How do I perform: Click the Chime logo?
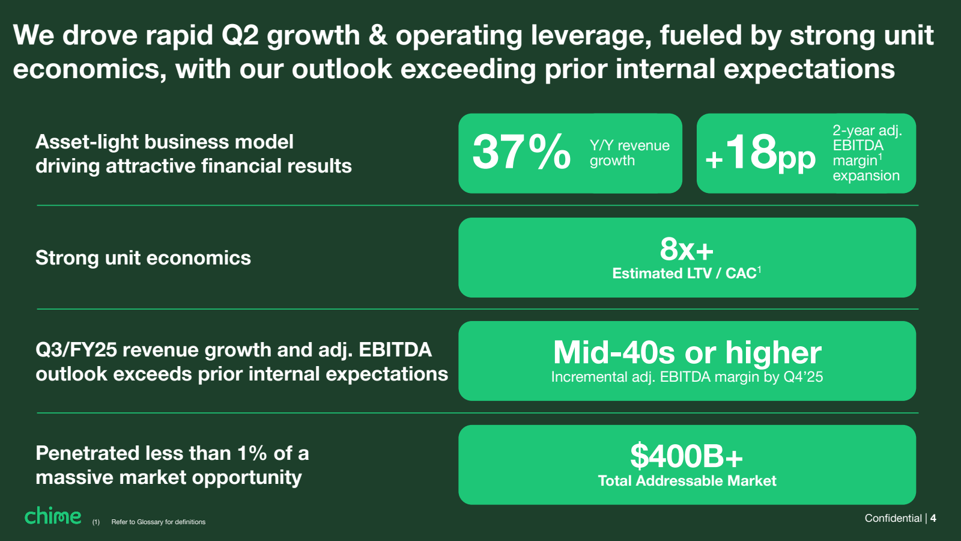[x=53, y=516]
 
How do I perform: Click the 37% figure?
[x=521, y=152]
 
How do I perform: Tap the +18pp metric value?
[x=760, y=153]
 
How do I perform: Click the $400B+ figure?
[x=687, y=456]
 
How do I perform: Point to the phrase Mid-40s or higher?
[x=687, y=353]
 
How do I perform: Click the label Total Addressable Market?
[x=687, y=481]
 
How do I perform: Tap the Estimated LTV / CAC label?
[x=684, y=274]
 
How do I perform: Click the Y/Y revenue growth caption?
[x=629, y=153]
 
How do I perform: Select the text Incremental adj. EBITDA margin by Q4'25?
[x=687, y=377]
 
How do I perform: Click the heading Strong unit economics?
[x=143, y=258]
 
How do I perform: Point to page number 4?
[x=933, y=518]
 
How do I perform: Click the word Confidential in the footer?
[x=893, y=518]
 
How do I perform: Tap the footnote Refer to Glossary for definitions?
[x=158, y=522]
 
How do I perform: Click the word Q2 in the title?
[x=240, y=35]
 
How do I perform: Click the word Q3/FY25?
[x=76, y=350]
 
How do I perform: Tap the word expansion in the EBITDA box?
[x=866, y=176]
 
